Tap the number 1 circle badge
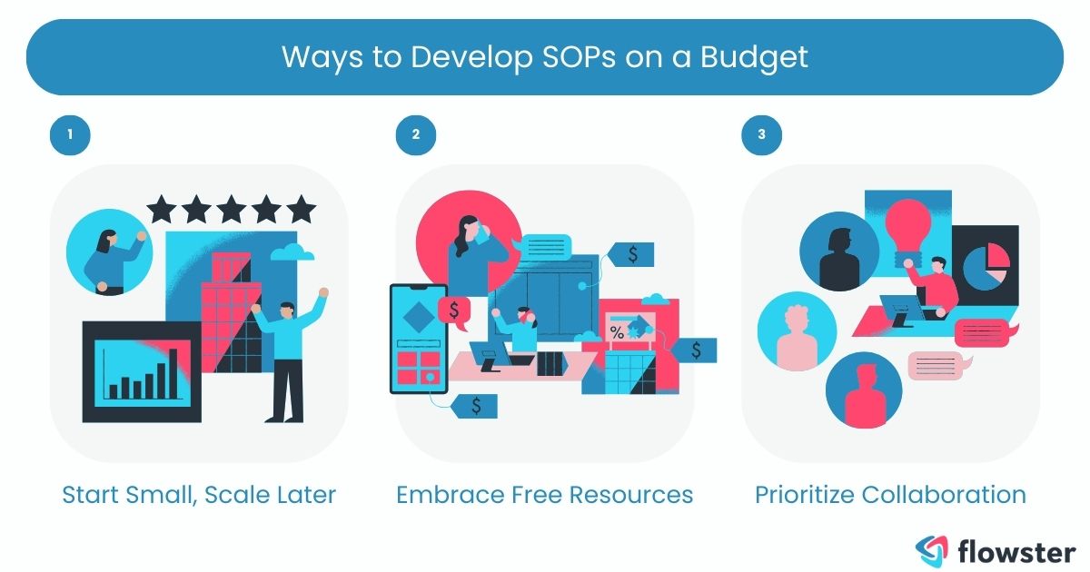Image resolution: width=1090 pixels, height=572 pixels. pyautogui.click(x=70, y=135)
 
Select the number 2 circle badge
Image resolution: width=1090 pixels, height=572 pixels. pyautogui.click(x=415, y=135)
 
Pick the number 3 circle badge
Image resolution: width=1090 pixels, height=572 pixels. pyautogui.click(x=761, y=135)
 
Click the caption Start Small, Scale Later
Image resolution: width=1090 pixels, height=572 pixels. pyautogui.click(x=199, y=495)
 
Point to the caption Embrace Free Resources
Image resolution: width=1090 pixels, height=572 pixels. pyautogui.click(x=544, y=495)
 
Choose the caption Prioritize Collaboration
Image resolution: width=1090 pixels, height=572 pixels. pyautogui.click(x=890, y=495)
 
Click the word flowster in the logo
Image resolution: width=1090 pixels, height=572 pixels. pyautogui.click(x=1017, y=549)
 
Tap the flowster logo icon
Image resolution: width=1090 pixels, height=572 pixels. pyautogui.click(x=931, y=549)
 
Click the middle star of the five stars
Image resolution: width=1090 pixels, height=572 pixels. pyautogui.click(x=231, y=210)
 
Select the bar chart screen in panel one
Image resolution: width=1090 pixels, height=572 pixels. pyautogui.click(x=142, y=370)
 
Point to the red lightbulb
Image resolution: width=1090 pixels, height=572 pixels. pyautogui.click(x=908, y=226)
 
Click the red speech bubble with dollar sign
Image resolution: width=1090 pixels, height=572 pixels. pyautogui.click(x=452, y=310)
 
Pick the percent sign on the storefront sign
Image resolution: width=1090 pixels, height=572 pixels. pyautogui.click(x=618, y=332)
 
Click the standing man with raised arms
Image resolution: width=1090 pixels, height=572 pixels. pyautogui.click(x=288, y=354)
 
